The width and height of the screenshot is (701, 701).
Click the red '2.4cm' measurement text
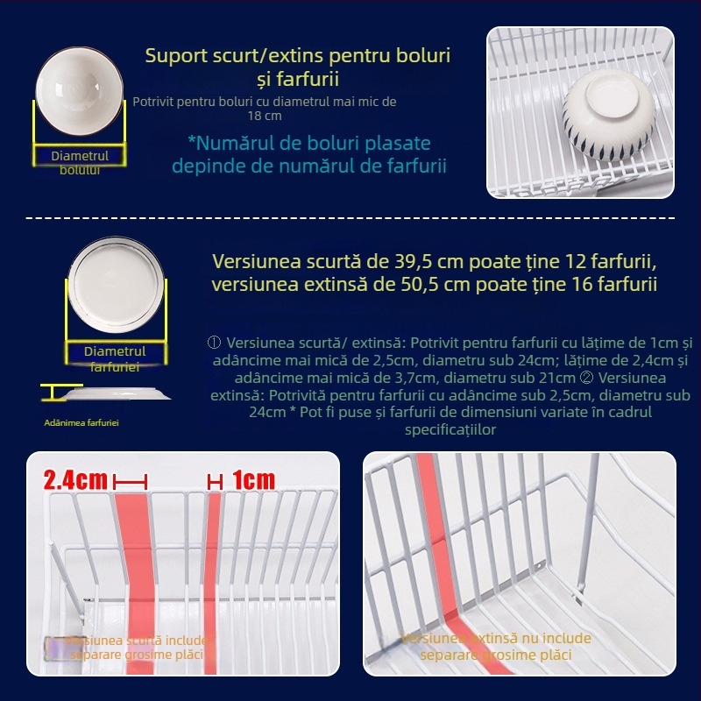coord(75,480)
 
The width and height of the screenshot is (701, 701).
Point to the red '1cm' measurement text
coord(253,480)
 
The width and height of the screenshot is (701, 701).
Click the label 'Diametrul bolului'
coord(80,162)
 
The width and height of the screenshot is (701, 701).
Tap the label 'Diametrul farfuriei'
coord(115,358)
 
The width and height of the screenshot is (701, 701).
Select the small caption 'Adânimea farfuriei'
coord(81,423)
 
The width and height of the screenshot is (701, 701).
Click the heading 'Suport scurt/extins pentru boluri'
coord(298,56)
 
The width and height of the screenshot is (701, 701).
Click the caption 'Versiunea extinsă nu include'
coord(496,639)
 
